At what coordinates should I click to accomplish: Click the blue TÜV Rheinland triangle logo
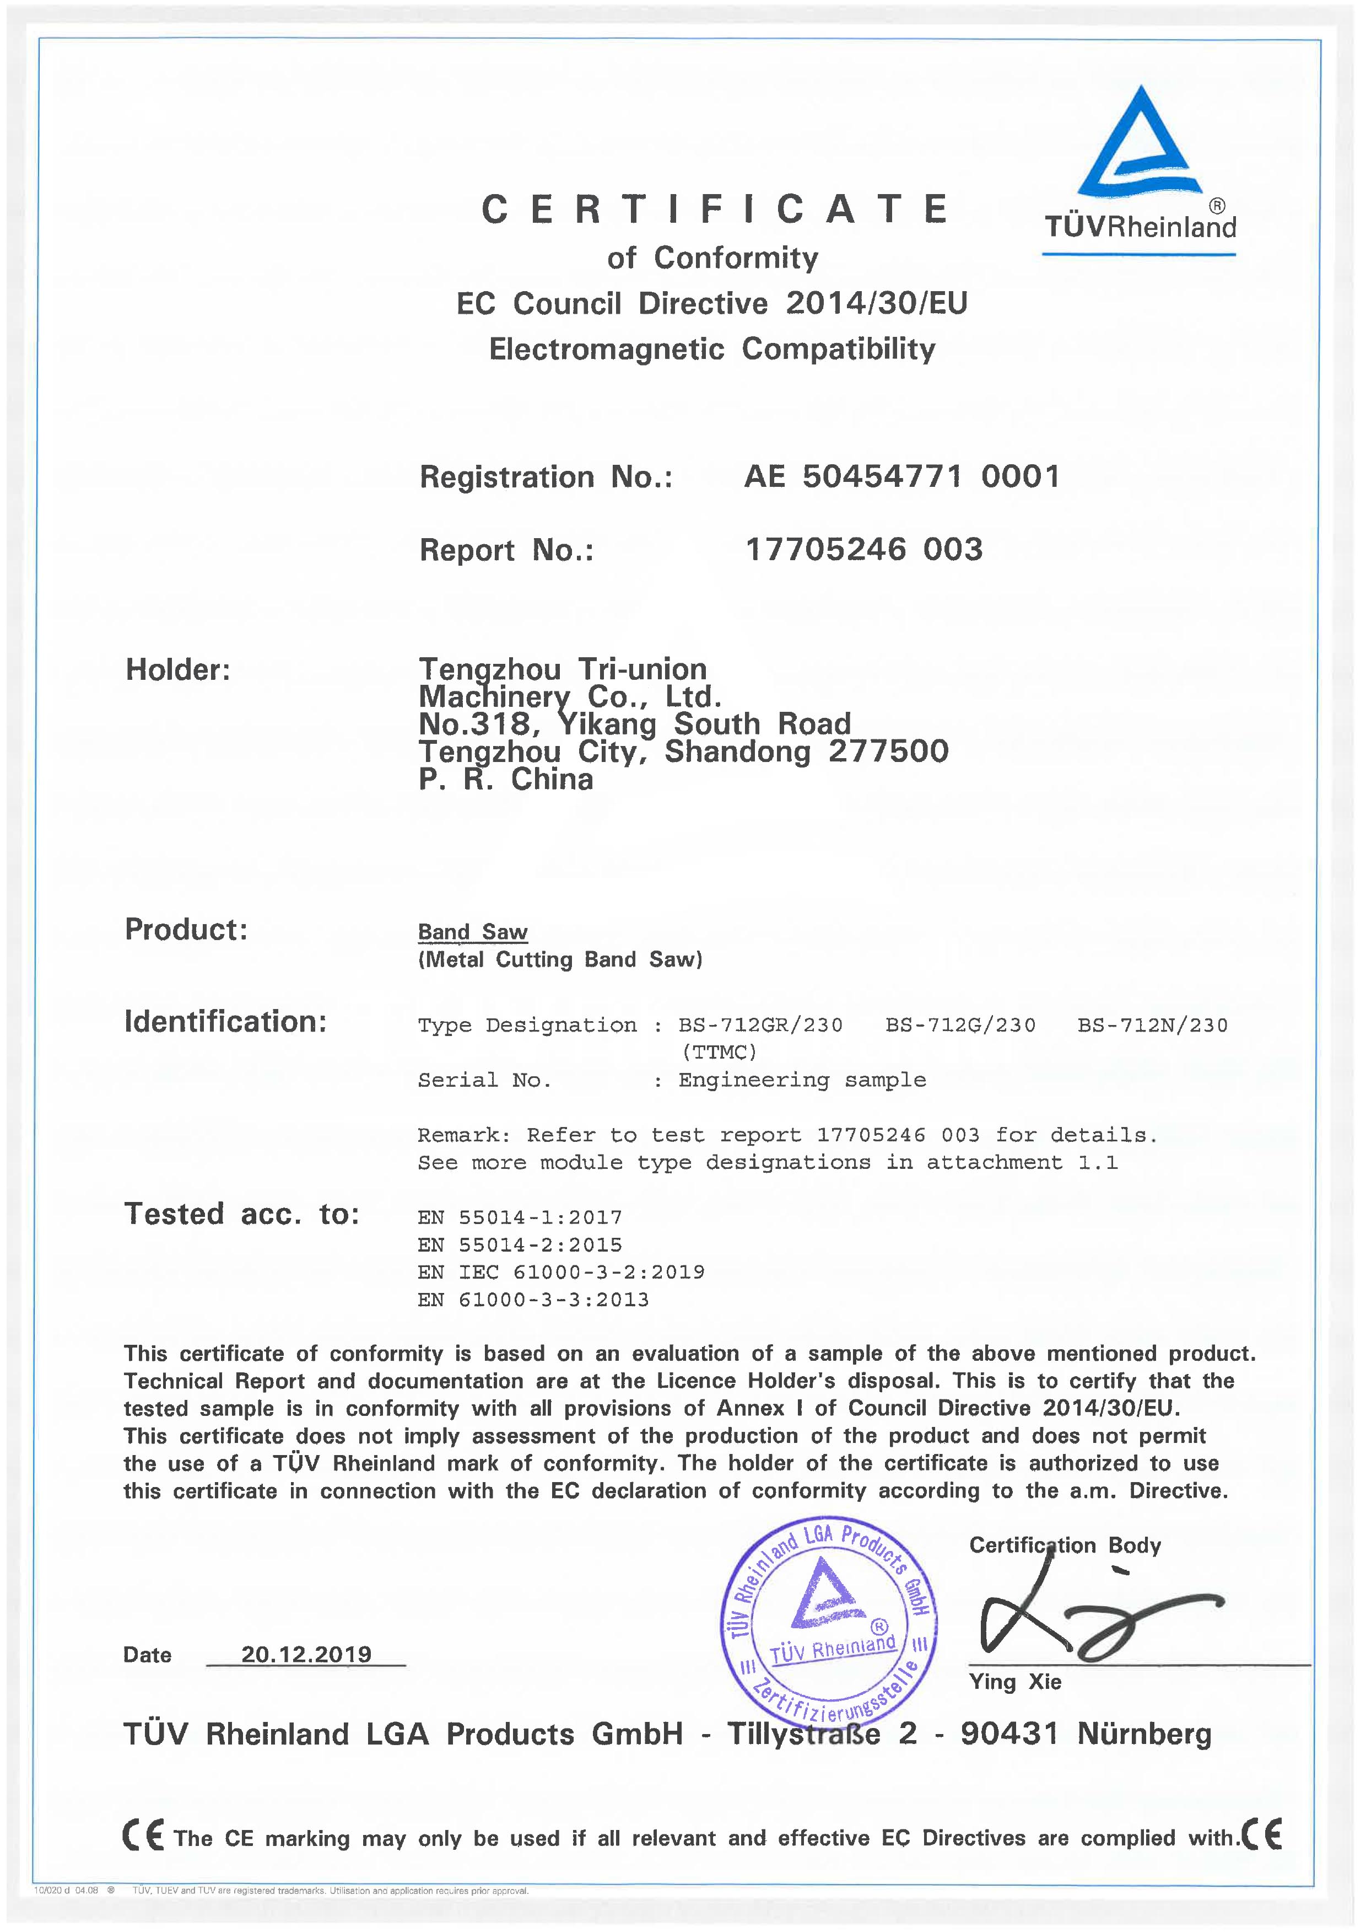tap(1140, 143)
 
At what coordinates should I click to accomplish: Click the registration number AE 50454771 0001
tap(901, 477)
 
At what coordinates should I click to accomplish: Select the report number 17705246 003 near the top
tap(864, 550)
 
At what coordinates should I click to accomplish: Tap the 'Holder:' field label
tap(177, 670)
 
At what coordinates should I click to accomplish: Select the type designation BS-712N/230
tap(1152, 1025)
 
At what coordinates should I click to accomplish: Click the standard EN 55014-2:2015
tap(520, 1244)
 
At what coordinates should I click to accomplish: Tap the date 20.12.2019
tap(306, 1654)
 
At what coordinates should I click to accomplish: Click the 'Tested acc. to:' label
tap(241, 1214)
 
